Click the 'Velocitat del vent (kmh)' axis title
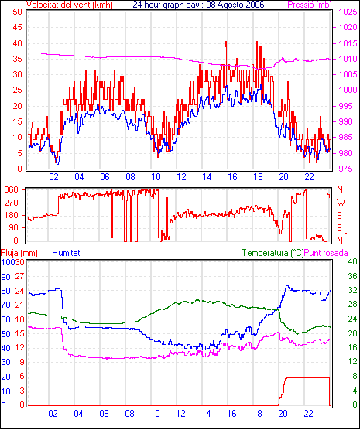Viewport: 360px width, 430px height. click(x=70, y=5)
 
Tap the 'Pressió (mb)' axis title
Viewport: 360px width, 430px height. click(x=310, y=5)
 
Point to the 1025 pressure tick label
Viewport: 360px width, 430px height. click(x=348, y=12)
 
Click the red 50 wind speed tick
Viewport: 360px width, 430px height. click(x=17, y=12)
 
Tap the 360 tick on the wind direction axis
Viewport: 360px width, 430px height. click(x=12, y=189)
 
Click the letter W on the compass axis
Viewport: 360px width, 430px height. click(x=341, y=203)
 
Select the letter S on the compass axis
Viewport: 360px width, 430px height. click(x=340, y=216)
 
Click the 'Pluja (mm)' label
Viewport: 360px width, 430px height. click(x=19, y=253)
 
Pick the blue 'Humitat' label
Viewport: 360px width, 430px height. click(x=66, y=253)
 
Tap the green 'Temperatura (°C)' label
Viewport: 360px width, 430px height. click(x=273, y=253)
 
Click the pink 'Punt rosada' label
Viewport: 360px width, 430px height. click(x=326, y=253)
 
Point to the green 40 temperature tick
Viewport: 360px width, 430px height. click(x=352, y=261)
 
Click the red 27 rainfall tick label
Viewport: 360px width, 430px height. click(x=19, y=276)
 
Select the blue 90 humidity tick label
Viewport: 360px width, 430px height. click(x=5, y=277)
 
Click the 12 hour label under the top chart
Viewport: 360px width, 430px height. click(x=181, y=177)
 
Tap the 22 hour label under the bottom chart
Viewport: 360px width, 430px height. click(x=308, y=413)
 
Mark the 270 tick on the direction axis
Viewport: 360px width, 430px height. click(x=12, y=203)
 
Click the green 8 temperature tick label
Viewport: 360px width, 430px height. click(x=355, y=376)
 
